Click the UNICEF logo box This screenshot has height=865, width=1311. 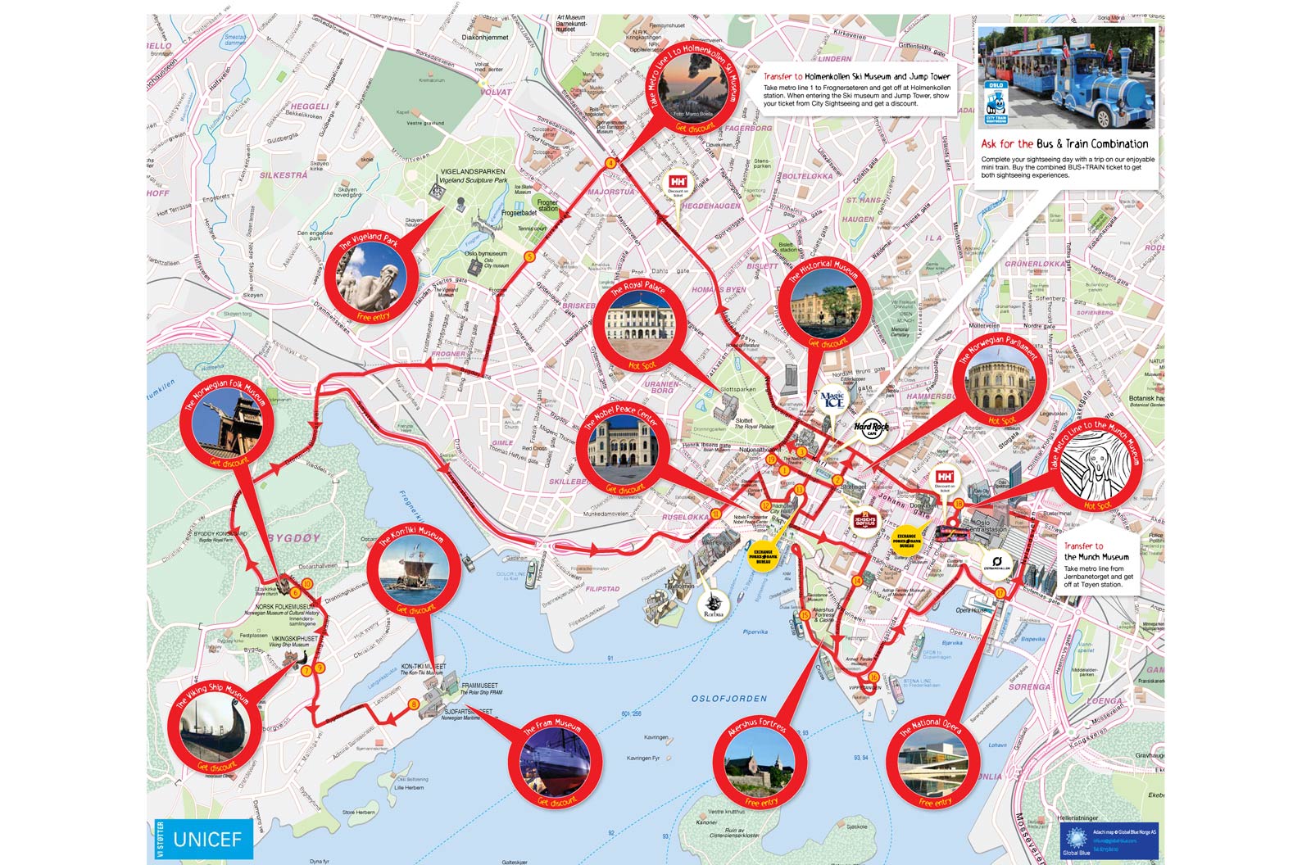click(x=205, y=839)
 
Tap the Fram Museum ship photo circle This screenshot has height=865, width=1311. click(x=555, y=761)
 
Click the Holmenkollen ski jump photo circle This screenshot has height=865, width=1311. click(x=693, y=88)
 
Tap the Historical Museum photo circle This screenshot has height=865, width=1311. click(x=825, y=304)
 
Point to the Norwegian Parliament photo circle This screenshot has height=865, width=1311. click(x=998, y=383)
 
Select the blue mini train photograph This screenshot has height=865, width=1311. click(x=1066, y=78)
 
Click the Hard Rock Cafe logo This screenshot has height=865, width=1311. click(x=871, y=427)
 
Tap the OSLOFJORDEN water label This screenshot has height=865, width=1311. click(x=729, y=699)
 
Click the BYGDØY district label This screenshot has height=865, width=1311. click(x=294, y=538)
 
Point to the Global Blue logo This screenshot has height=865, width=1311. click(x=1077, y=840)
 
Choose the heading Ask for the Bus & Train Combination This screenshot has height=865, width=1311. click(x=1065, y=144)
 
